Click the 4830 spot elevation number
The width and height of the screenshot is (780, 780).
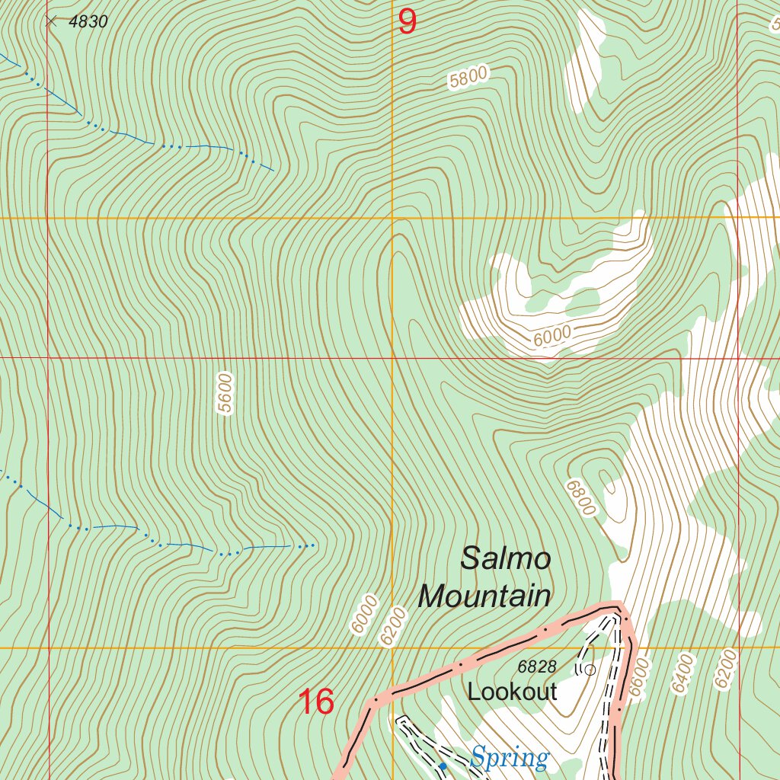pyautogui.click(x=88, y=22)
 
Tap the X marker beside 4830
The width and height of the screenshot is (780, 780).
pyautogui.click(x=51, y=22)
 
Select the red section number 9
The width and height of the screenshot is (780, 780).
pyautogui.click(x=408, y=22)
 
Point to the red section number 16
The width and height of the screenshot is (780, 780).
pyautogui.click(x=316, y=702)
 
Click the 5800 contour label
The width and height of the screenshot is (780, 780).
pyautogui.click(x=468, y=78)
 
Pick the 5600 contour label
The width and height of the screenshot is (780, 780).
pyautogui.click(x=224, y=393)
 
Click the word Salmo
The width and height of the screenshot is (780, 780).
pyautogui.click(x=506, y=559)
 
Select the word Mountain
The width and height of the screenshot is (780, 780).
pyautogui.click(x=484, y=596)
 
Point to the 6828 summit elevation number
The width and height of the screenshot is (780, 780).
pyautogui.click(x=537, y=667)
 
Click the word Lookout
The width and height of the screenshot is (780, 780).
pyautogui.click(x=512, y=692)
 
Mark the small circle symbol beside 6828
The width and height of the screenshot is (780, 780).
pyautogui.click(x=589, y=670)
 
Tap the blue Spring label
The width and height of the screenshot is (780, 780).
pyautogui.click(x=509, y=759)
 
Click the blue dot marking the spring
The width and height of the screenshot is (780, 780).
pyautogui.click(x=443, y=766)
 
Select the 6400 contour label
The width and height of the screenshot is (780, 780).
pyautogui.click(x=682, y=673)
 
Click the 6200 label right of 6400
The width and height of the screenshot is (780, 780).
pyautogui.click(x=726, y=669)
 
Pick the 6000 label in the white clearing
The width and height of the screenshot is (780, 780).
pyautogui.click(x=551, y=335)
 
